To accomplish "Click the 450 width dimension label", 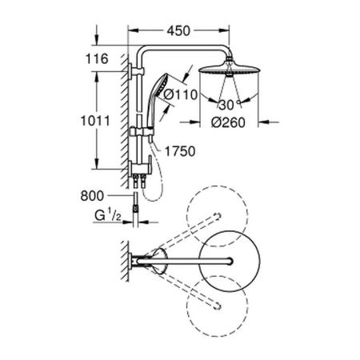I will [x=179, y=32].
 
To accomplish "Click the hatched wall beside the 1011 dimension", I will [x=124, y=120].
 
